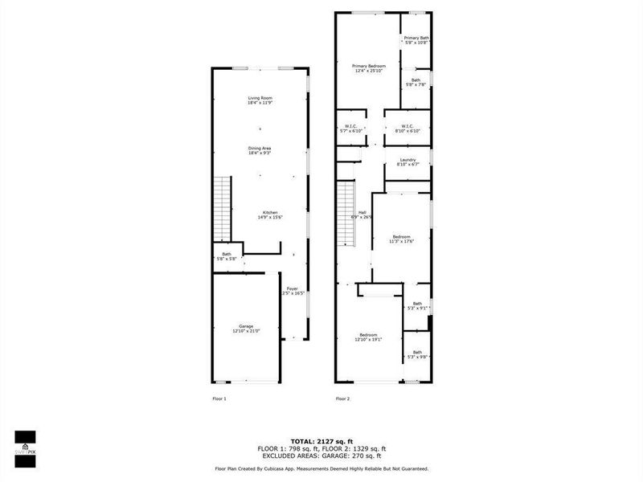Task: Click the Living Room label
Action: point(260,98)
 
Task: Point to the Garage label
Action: point(246,326)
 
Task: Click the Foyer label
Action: point(293,288)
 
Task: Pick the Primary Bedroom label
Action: point(369,66)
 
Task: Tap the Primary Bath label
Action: point(416,38)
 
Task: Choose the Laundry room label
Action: point(408,160)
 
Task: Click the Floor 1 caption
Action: point(219,398)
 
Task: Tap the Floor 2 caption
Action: point(343,398)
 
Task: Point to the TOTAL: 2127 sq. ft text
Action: point(321,441)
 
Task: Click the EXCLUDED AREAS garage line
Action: point(321,455)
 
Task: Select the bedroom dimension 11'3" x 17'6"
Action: point(402,241)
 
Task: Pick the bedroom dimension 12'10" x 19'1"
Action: point(369,339)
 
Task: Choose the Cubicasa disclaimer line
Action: point(321,468)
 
